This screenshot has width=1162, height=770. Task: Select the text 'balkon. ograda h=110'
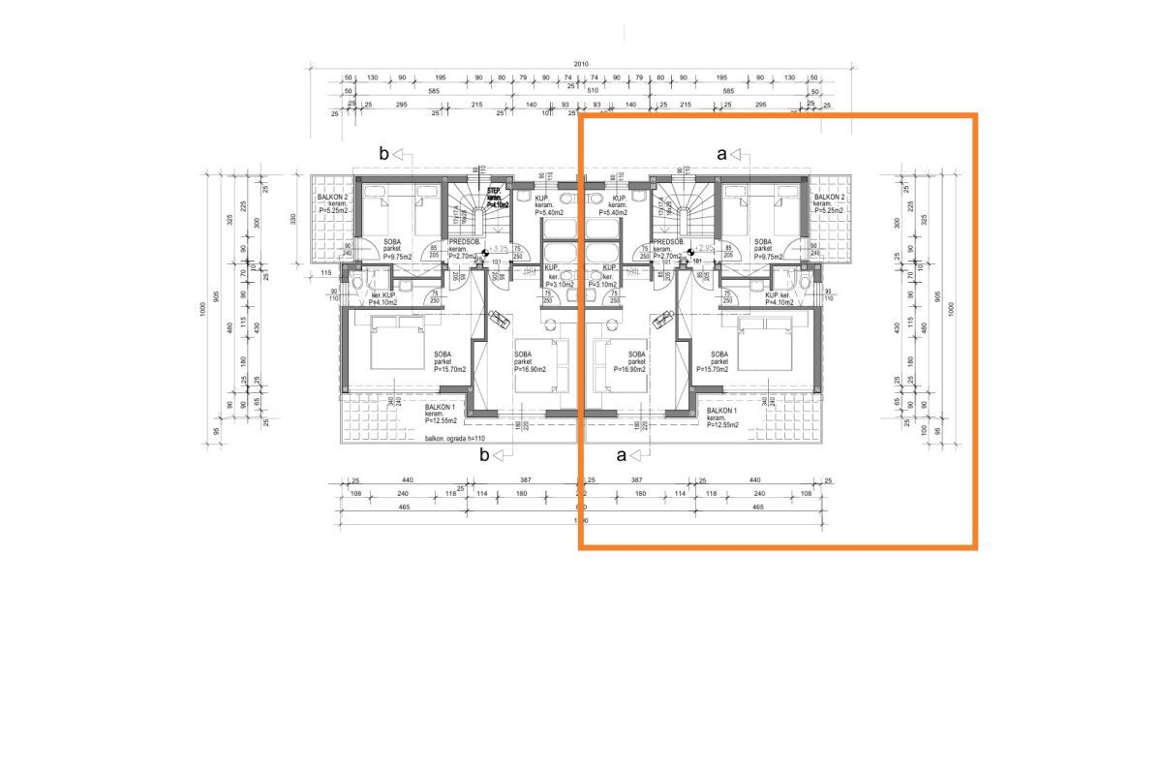click(x=454, y=439)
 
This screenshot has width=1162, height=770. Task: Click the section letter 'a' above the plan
click(x=721, y=153)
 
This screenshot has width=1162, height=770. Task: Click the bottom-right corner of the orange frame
click(x=974, y=547)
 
